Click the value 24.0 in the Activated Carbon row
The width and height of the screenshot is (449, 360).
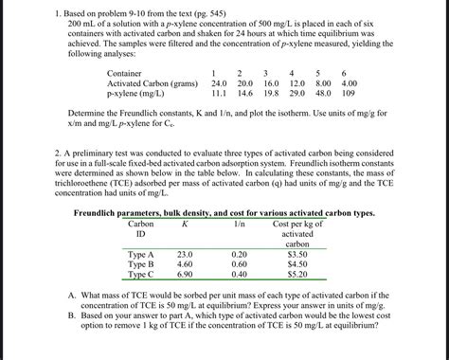(x=217, y=82)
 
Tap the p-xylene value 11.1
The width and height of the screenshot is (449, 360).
(x=219, y=94)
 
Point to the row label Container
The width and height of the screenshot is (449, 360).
(x=125, y=72)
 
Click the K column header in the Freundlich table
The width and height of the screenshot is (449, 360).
(x=185, y=224)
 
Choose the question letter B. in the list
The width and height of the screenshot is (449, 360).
(x=72, y=315)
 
